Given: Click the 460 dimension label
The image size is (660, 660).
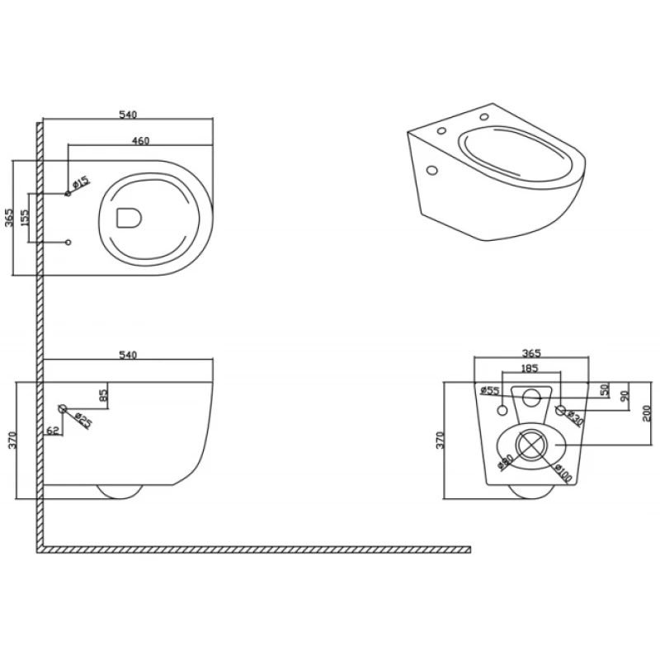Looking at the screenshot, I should [x=140, y=141].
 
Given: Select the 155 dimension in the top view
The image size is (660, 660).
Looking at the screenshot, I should [x=25, y=219].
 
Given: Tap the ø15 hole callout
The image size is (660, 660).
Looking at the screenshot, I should [x=81, y=183].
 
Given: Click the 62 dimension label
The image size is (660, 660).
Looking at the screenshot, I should [x=53, y=429].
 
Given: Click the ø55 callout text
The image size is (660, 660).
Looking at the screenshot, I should [x=489, y=391].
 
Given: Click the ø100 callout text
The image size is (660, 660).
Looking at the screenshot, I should [x=563, y=473].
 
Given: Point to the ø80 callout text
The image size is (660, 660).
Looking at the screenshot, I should [x=507, y=461].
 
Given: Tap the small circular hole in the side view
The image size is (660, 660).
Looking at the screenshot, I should [x=63, y=408].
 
